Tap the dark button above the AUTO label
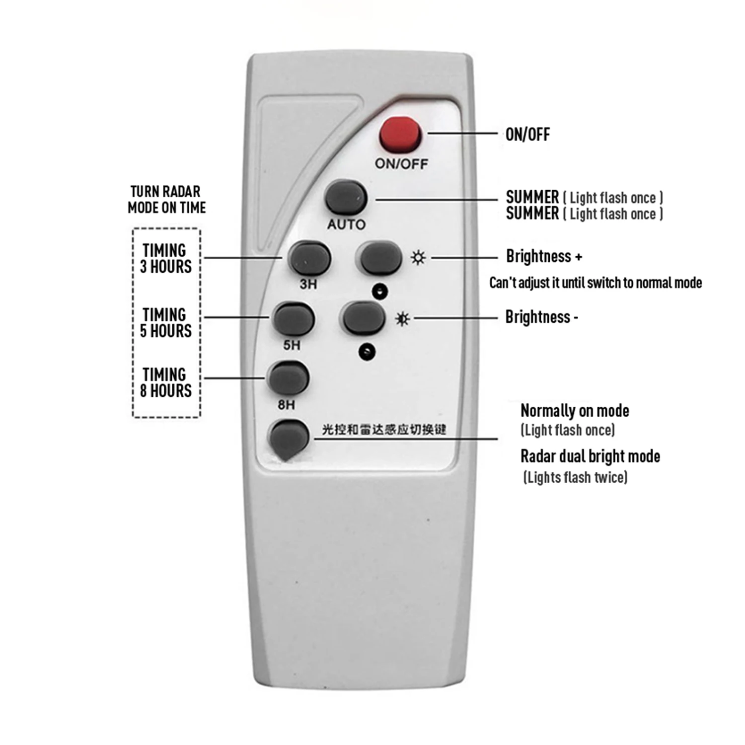click(x=346, y=198)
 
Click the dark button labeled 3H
click(x=309, y=259)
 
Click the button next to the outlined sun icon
click(x=380, y=258)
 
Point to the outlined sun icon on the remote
click(x=418, y=258)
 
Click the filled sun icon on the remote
click(x=403, y=318)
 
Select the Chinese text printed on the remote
click(x=384, y=429)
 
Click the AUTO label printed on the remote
click(x=346, y=224)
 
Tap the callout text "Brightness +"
click(x=544, y=256)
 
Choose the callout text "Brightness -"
click(x=541, y=317)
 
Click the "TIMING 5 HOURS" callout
click(x=165, y=323)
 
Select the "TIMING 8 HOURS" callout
click(x=165, y=382)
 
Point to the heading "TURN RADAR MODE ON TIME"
click(x=166, y=199)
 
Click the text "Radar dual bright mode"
click(x=590, y=456)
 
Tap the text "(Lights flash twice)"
click(x=575, y=478)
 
